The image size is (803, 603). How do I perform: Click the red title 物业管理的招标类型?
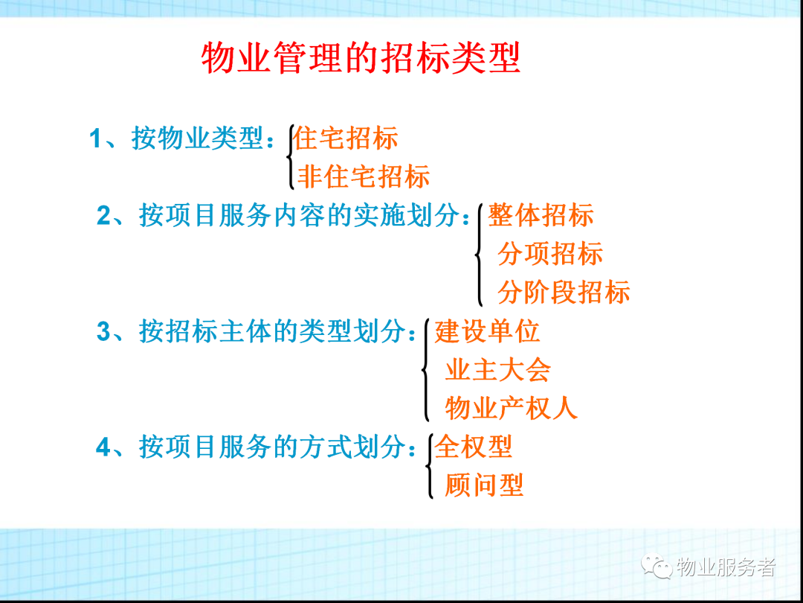(x=361, y=58)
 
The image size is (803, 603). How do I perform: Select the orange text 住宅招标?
(x=346, y=138)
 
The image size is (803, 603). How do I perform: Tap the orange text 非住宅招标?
(x=364, y=176)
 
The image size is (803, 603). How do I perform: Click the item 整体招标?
(x=541, y=215)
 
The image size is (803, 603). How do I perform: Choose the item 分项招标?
(x=550, y=253)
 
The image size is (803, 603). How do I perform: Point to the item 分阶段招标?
(x=564, y=292)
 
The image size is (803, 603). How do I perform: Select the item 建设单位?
(x=488, y=331)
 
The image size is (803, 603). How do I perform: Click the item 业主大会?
(x=497, y=369)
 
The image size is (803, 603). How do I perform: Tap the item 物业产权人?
(x=511, y=408)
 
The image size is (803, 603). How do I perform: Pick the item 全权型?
(x=474, y=447)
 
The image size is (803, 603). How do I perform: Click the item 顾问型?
(x=484, y=485)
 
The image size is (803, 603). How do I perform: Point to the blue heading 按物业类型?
(x=197, y=138)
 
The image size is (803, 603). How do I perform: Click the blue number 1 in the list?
(x=96, y=139)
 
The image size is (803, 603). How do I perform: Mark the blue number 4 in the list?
(x=103, y=447)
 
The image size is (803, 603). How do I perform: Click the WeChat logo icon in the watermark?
(x=657, y=567)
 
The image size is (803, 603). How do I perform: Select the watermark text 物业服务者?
(x=726, y=567)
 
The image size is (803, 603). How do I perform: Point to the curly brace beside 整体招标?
(x=480, y=255)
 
